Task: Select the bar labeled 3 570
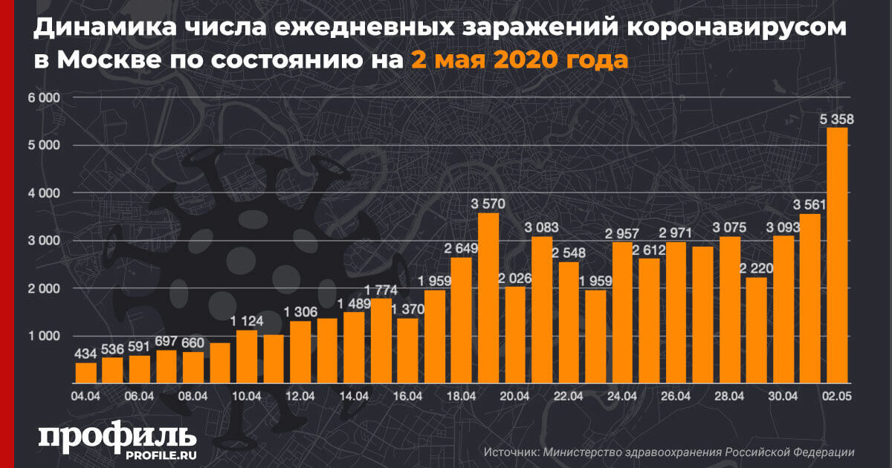pyautogui.click(x=488, y=297)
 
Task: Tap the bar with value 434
pyautogui.click(x=86, y=371)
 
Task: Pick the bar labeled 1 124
pyautogui.click(x=247, y=356)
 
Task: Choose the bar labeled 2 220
pyautogui.click(x=757, y=329)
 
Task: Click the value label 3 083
pyautogui.click(x=542, y=227)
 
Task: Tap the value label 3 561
pyautogui.click(x=810, y=204)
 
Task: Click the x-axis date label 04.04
pyautogui.click(x=86, y=396)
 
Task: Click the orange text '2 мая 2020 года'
pyautogui.click(x=519, y=59)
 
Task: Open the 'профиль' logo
pyautogui.click(x=117, y=438)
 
